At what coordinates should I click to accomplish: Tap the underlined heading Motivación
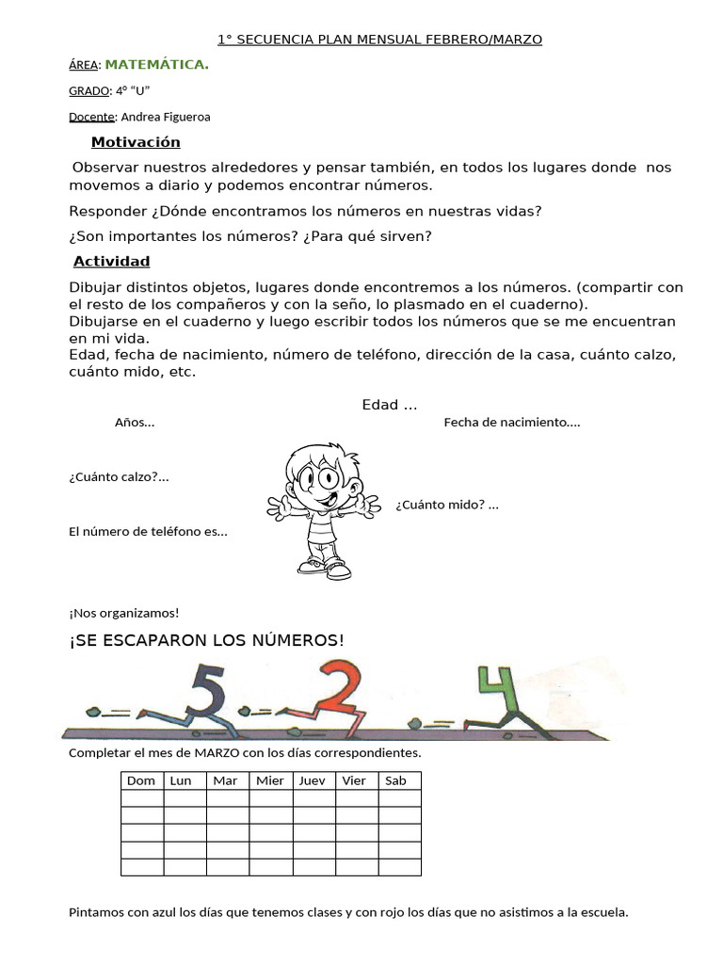coord(136,142)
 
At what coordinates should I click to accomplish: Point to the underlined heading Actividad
coord(112,261)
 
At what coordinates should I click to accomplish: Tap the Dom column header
coord(141,780)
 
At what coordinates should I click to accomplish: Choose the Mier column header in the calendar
coord(270,780)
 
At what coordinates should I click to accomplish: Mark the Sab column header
coord(396,780)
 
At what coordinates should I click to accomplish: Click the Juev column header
coord(313,780)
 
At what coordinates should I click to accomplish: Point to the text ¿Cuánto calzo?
coord(119,476)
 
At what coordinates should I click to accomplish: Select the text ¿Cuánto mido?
coord(446,505)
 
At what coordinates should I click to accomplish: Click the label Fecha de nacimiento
coord(512,423)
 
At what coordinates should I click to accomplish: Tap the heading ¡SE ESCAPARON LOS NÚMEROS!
coord(207,641)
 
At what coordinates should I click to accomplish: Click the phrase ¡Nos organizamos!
coord(123,613)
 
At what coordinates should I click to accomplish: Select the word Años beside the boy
coord(134,423)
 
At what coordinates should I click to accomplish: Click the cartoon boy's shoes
coord(326,568)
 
